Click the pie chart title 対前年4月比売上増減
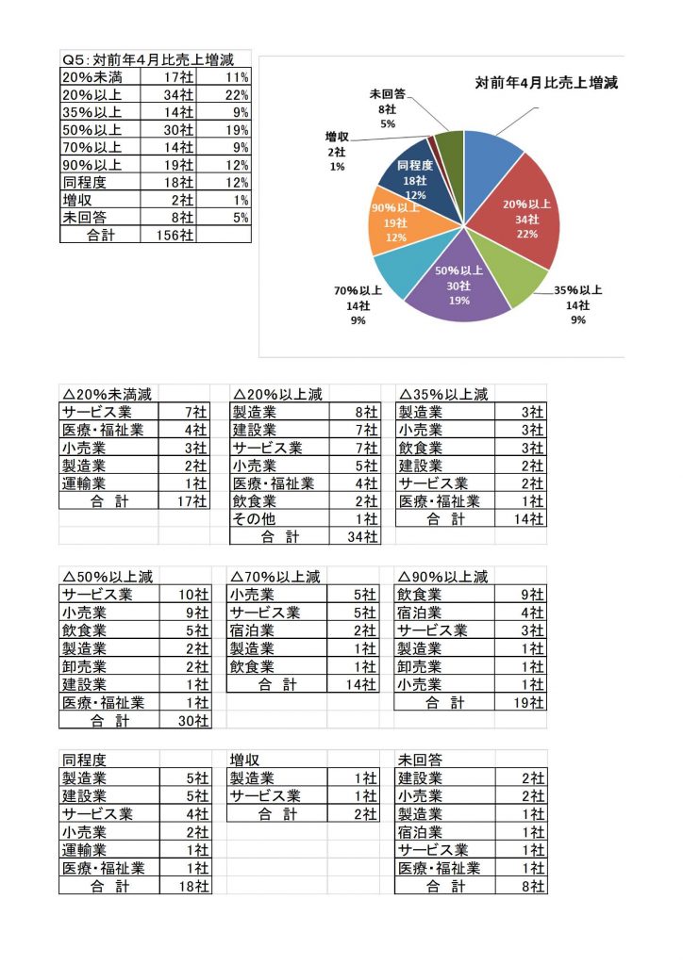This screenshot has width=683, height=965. (545, 84)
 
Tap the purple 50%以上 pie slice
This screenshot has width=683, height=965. (458, 287)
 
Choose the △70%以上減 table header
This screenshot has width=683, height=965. (275, 577)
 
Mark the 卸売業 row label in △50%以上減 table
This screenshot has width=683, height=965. (84, 666)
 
